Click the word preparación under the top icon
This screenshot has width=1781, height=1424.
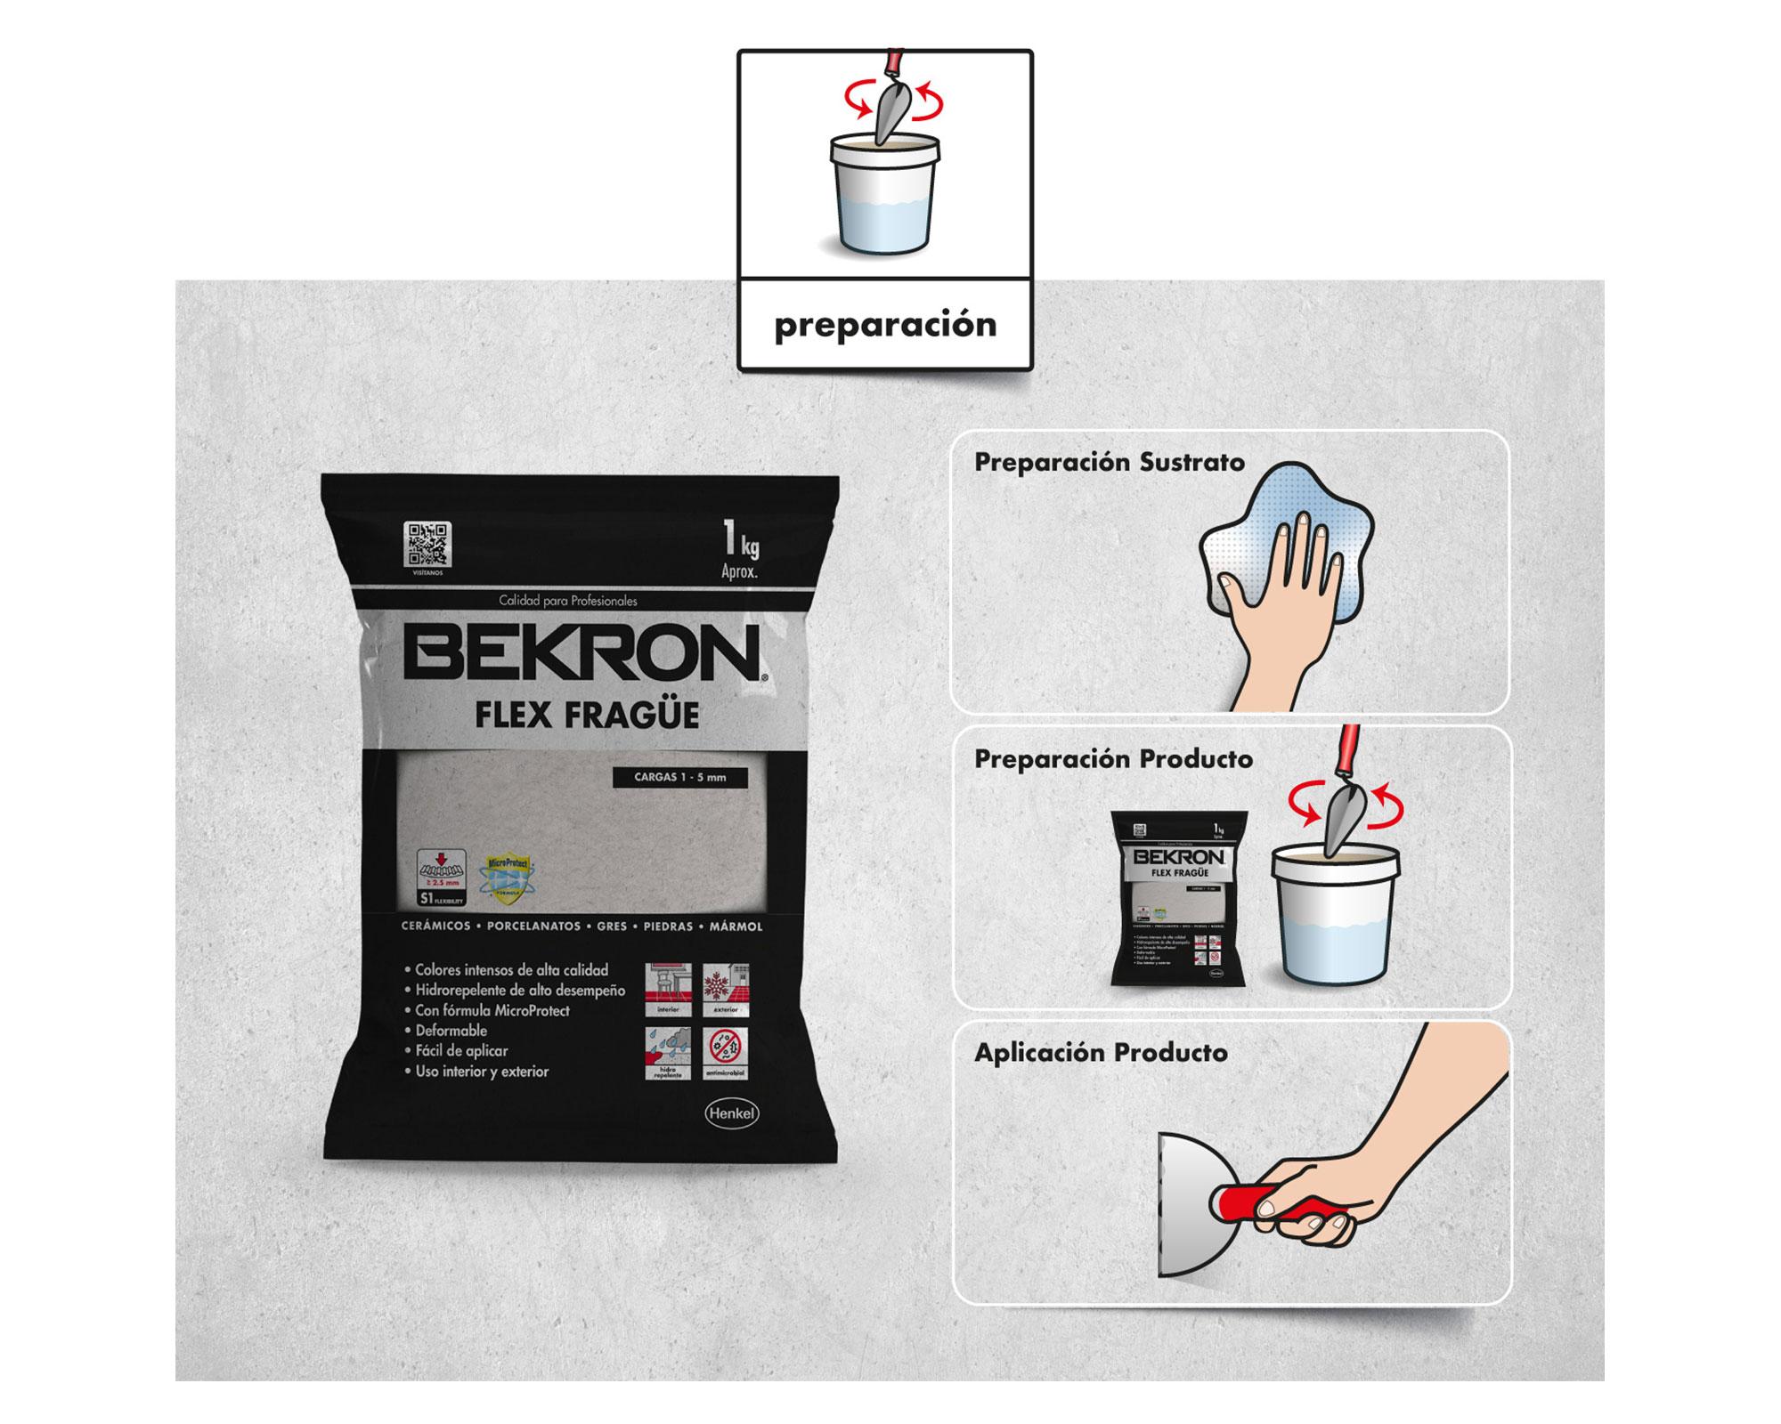[x=885, y=326]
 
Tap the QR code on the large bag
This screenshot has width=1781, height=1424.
[x=427, y=544]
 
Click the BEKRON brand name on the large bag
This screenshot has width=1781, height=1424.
[x=581, y=654]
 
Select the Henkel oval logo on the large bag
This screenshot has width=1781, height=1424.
[x=731, y=1112]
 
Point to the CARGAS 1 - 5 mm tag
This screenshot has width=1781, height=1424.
[x=679, y=777]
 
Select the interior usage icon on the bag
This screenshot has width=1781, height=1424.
[x=668, y=989]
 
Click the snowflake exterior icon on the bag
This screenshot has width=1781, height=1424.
[x=725, y=989]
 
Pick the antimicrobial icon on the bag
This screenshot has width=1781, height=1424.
[x=725, y=1054]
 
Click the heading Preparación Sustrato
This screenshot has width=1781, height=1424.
[x=1109, y=463]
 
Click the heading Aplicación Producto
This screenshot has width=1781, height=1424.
[x=1101, y=1053]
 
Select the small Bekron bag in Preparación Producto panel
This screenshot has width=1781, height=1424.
[x=1177, y=899]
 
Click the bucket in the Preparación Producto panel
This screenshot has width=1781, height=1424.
[x=1334, y=917]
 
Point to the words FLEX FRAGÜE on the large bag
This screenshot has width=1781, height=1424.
[x=586, y=716]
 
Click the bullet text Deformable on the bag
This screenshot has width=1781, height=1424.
[x=451, y=1031]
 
